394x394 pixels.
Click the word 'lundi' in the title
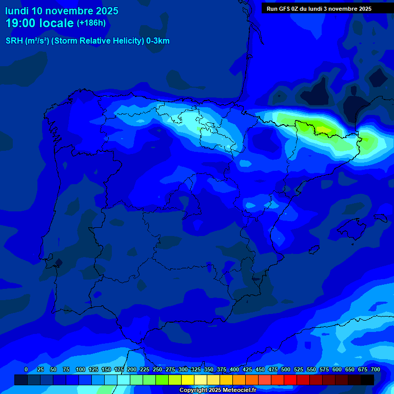[17, 11]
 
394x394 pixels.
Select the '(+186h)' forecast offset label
[91, 23]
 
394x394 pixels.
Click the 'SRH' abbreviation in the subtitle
[14, 41]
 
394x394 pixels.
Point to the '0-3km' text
[158, 41]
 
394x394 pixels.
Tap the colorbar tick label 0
[26, 370]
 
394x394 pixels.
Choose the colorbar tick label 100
[81, 370]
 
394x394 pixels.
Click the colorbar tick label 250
[157, 370]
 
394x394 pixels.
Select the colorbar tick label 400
[234, 370]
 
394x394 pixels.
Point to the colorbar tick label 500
[286, 370]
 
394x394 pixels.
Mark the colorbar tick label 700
[376, 370]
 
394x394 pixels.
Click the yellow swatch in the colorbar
[187, 380]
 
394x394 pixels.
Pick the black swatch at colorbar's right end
[367, 380]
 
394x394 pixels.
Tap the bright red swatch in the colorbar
[290, 380]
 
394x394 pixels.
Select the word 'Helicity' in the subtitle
[128, 41]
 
